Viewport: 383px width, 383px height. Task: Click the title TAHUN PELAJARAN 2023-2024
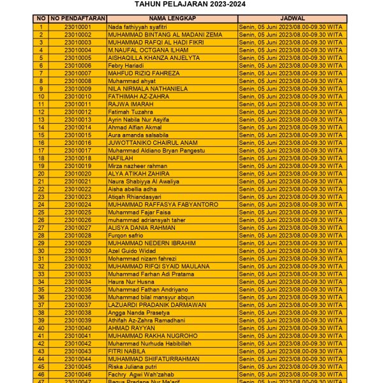click(190, 4)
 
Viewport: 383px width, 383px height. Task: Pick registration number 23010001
click(78, 27)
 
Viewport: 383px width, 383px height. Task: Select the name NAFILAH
click(121, 158)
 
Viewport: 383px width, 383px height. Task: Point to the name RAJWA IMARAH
click(130, 104)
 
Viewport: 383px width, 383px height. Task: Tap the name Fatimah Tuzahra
click(130, 112)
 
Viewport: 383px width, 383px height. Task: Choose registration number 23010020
click(78, 174)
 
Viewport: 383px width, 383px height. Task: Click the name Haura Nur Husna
click(131, 282)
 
